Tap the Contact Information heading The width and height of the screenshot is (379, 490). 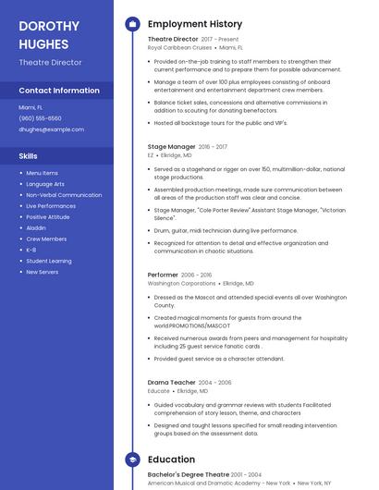[59, 91]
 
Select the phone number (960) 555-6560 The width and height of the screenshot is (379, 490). [40, 118]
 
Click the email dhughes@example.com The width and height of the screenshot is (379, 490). [51, 129]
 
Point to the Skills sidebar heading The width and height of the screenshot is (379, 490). [28, 156]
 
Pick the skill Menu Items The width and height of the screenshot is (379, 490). [42, 173]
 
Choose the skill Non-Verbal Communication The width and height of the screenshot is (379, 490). [64, 195]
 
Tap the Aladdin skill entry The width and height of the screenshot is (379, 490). [35, 227]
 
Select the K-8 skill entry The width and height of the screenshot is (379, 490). [31, 250]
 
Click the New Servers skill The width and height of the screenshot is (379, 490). [43, 272]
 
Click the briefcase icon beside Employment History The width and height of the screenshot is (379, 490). [132, 24]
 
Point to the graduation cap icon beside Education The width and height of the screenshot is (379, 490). [132, 459]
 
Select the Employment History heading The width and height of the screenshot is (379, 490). [194, 24]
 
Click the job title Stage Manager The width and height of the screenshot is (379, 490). [171, 146]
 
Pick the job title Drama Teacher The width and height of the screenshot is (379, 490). [172, 382]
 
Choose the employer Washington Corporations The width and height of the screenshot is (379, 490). [181, 283]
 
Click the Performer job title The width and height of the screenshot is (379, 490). [163, 275]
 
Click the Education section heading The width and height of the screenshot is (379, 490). [171, 459]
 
